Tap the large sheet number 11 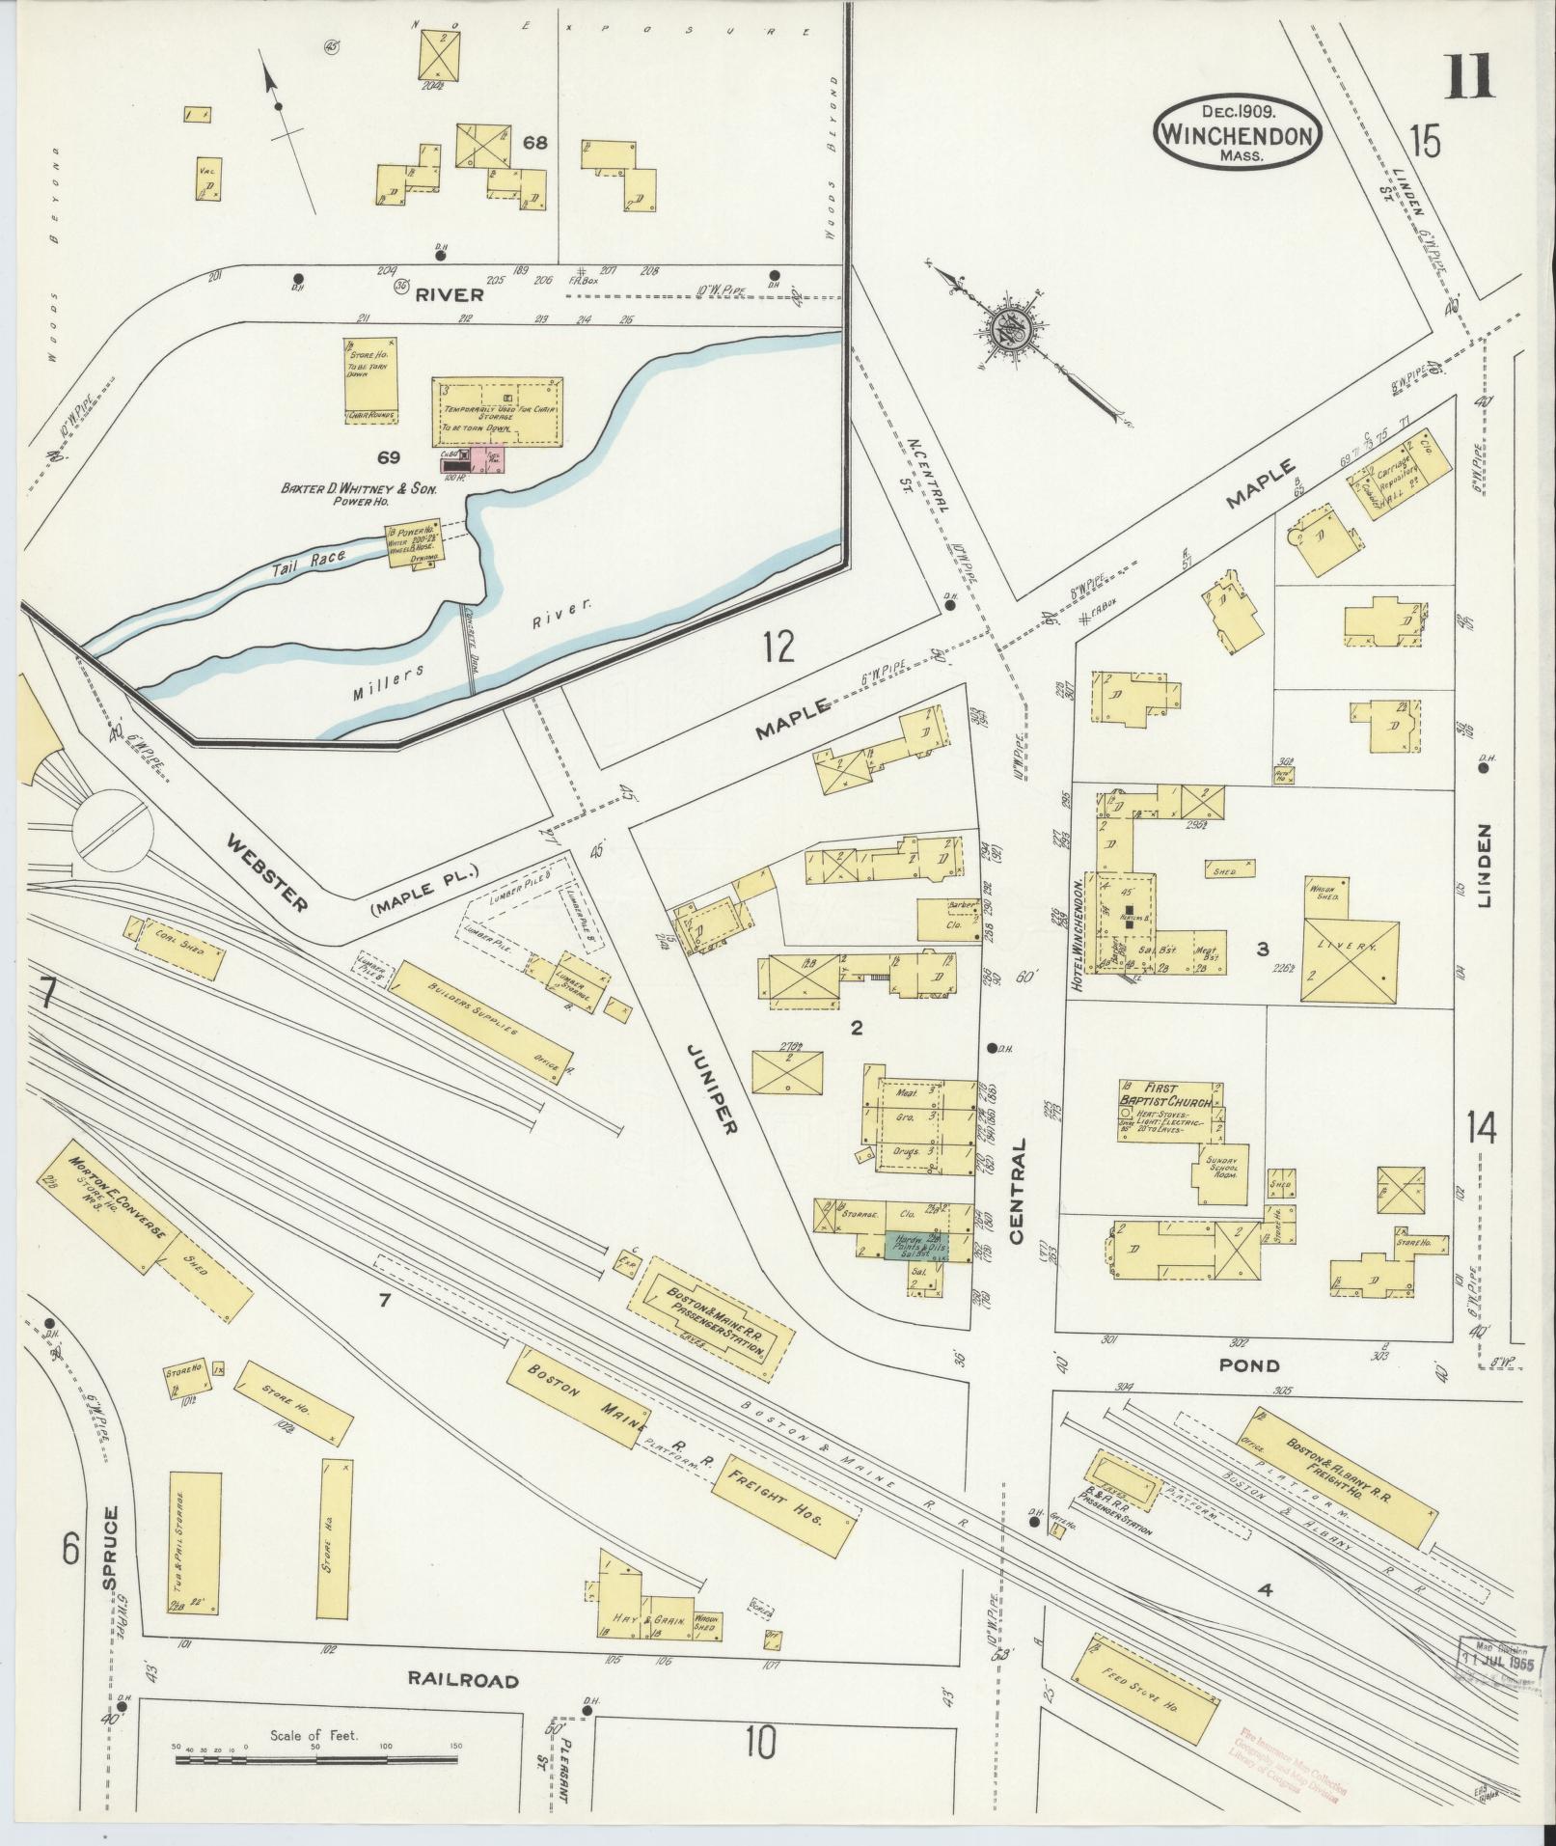1469,77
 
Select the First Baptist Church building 1171,1112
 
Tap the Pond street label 1249,1365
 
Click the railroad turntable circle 112,824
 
